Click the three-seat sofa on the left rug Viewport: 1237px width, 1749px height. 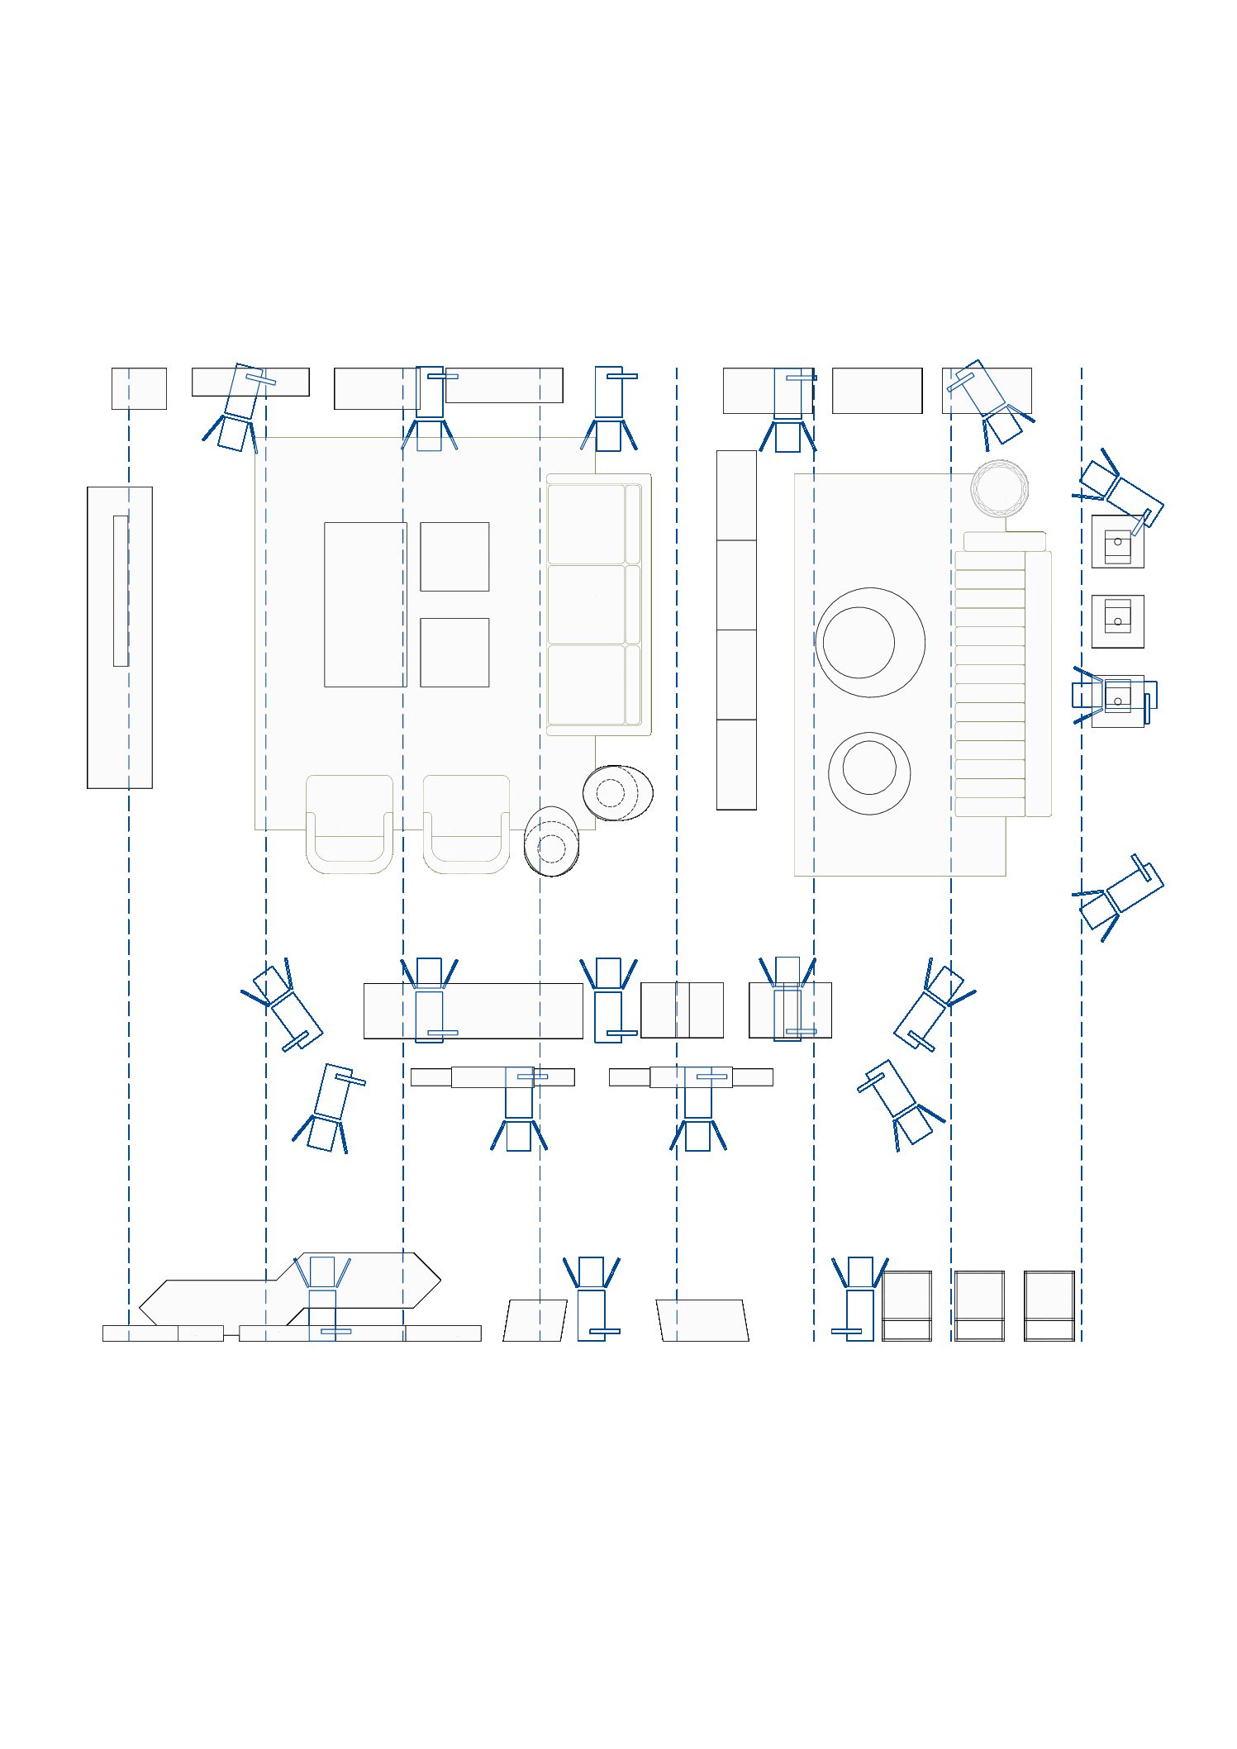point(597,604)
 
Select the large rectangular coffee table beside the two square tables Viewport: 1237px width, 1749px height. point(364,604)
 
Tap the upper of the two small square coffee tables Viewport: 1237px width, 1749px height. point(454,556)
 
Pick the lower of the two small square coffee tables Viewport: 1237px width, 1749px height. point(454,652)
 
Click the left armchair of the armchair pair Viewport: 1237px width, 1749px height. point(349,824)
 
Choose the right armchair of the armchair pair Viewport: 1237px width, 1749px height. point(466,824)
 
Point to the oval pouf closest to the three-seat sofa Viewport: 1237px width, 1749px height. point(617,792)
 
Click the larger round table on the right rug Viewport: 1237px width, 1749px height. point(869,642)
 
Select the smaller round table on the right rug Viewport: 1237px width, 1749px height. point(869,772)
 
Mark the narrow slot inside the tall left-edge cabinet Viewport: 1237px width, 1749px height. point(121,590)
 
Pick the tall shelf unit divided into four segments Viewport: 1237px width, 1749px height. point(735,630)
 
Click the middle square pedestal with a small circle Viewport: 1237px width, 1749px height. point(1117,620)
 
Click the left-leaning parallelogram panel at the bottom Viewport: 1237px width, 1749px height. point(535,1319)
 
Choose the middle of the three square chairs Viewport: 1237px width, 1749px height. point(979,1305)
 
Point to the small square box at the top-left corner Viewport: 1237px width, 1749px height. point(139,388)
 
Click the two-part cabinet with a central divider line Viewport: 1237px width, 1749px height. point(682,1010)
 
